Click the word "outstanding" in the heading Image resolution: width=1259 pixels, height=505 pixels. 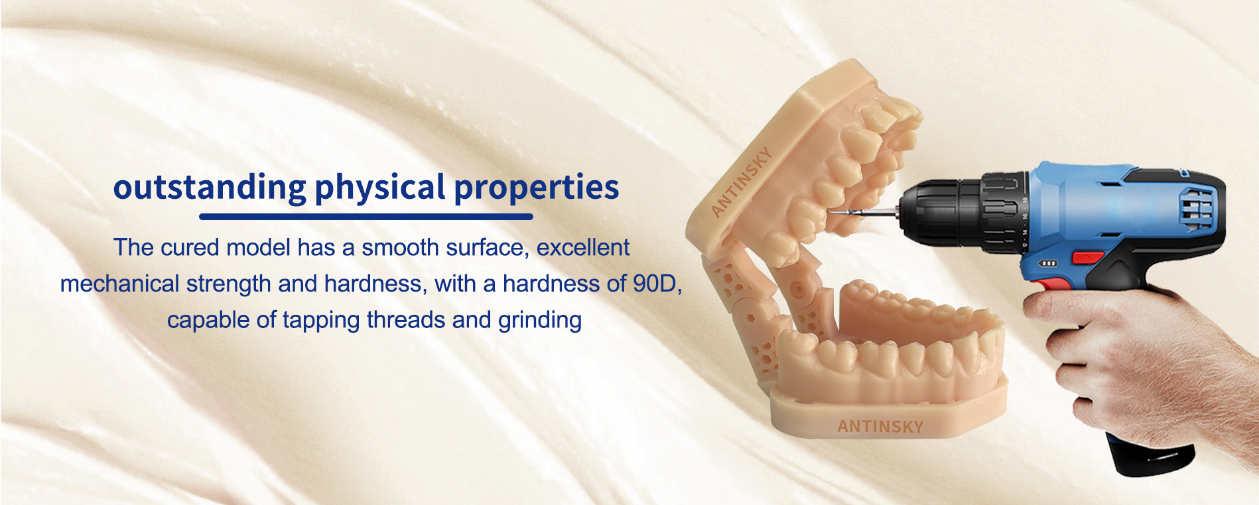coord(210,188)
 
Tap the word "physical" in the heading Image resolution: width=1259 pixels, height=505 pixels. coord(380,188)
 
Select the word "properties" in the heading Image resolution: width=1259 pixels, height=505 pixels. coord(537,188)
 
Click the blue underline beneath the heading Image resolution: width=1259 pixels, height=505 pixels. coord(366,216)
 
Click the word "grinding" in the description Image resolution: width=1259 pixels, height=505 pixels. coord(540,321)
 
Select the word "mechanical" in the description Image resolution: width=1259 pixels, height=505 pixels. coord(119,284)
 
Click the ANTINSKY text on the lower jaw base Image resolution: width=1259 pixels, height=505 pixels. coord(880,426)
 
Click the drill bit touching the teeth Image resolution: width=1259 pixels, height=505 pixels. coord(862,213)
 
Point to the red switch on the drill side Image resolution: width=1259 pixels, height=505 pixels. coord(1088,257)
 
